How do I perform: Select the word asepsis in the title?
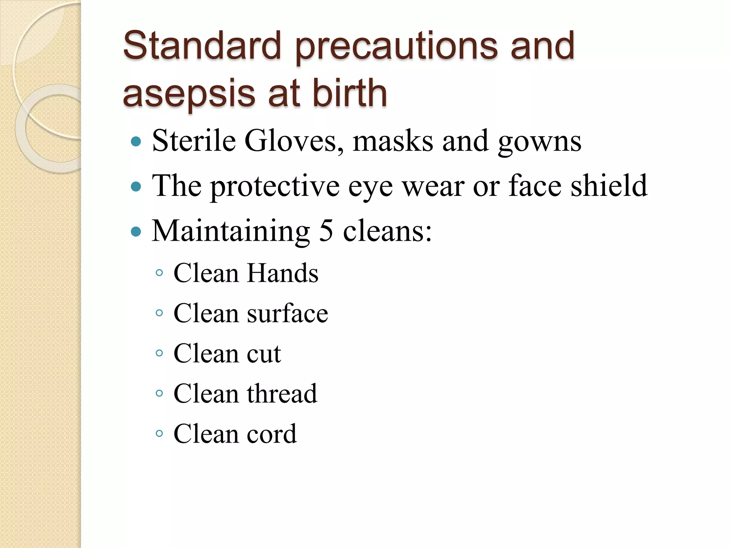(189, 93)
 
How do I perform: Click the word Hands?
(282, 273)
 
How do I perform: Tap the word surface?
(287, 313)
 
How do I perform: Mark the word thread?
(282, 394)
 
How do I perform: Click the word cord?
(272, 434)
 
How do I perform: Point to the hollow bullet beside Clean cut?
(160, 354)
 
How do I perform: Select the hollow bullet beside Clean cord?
(160, 434)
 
